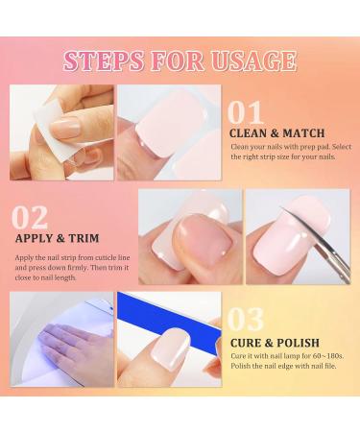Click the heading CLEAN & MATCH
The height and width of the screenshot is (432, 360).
tap(276, 132)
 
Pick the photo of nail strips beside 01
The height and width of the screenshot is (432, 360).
tap(169, 132)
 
